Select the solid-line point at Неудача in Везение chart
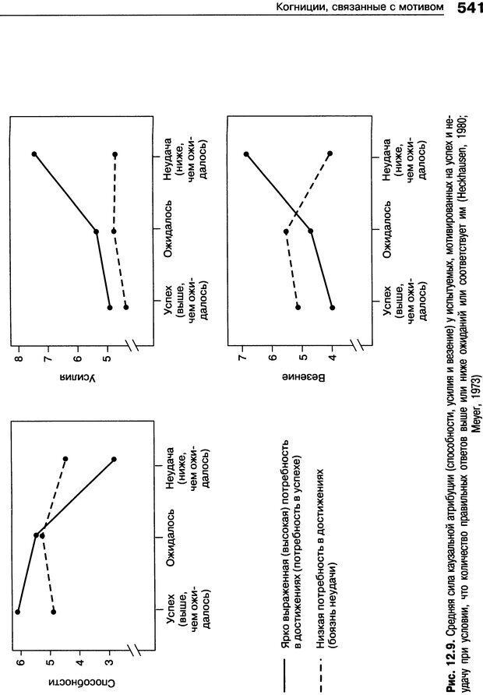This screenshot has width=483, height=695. (246, 153)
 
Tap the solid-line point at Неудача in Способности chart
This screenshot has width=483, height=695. (114, 460)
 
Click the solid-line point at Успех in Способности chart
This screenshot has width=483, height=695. (17, 612)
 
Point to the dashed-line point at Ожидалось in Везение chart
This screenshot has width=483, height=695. (286, 231)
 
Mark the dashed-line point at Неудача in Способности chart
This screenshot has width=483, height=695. (65, 459)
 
